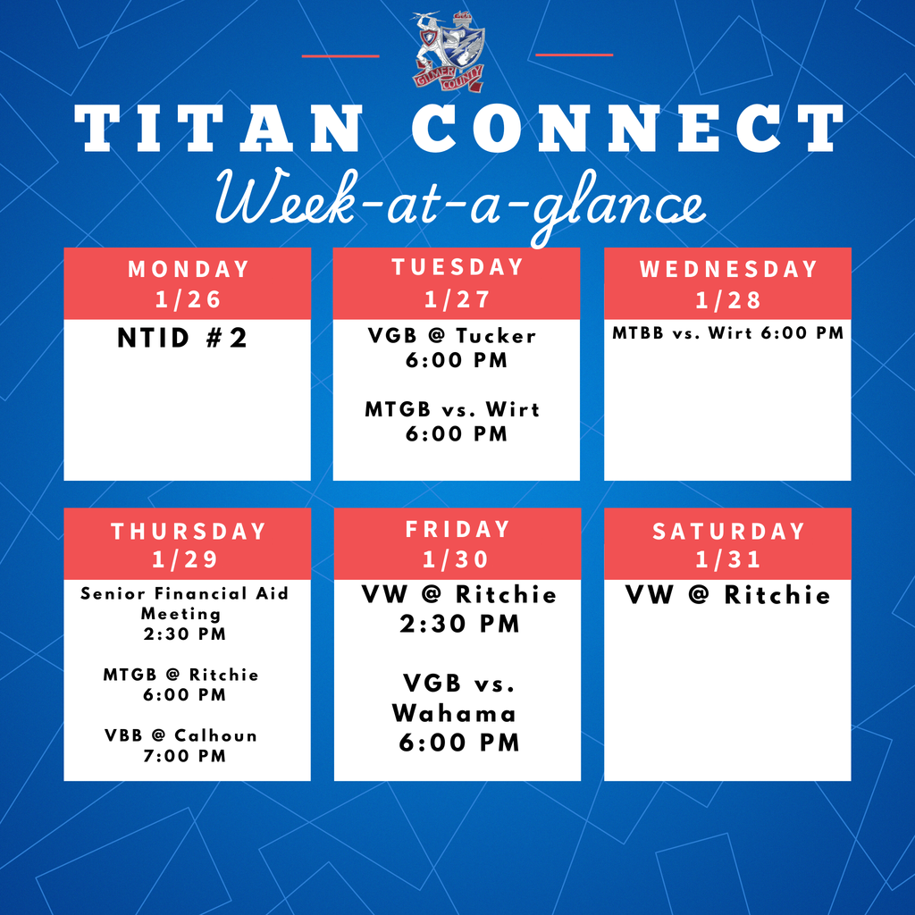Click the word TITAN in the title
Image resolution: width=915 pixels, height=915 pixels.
(x=218, y=130)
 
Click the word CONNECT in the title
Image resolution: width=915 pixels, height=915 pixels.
(x=627, y=130)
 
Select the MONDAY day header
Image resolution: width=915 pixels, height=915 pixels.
(x=188, y=269)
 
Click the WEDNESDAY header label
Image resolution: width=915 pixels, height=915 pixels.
(x=727, y=269)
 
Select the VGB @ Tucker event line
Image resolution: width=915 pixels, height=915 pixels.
(x=452, y=336)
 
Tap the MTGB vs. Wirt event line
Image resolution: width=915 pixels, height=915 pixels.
(x=452, y=409)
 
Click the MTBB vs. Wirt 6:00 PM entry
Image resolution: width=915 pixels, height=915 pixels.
(x=727, y=333)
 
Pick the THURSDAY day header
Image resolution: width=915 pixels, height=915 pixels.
(x=188, y=531)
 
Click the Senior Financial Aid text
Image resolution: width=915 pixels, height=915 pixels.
(x=184, y=593)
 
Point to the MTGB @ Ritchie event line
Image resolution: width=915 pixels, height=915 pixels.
(x=180, y=675)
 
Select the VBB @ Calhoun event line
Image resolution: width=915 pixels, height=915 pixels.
(x=180, y=735)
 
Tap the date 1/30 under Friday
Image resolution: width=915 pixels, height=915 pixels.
(x=457, y=559)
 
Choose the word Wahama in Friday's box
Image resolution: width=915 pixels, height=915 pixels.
(x=454, y=713)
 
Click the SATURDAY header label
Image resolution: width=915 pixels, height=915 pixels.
(x=727, y=531)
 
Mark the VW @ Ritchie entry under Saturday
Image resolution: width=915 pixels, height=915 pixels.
(x=727, y=595)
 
